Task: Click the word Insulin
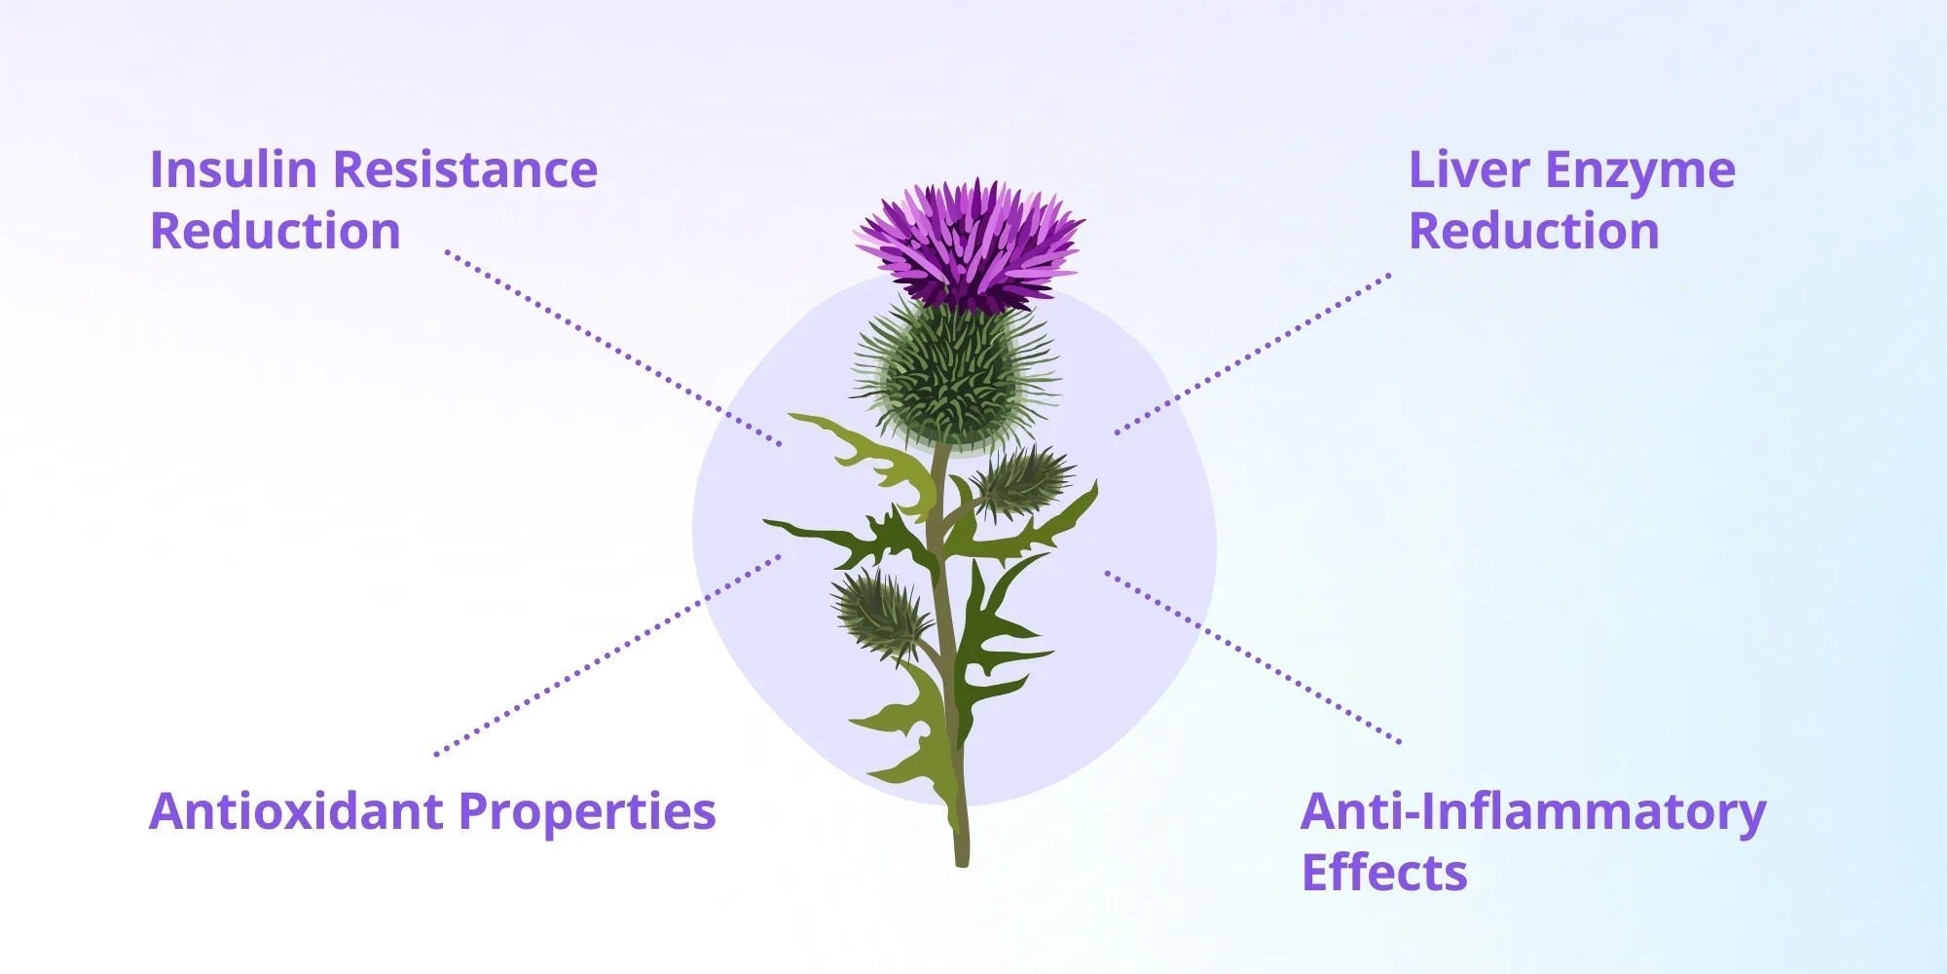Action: [233, 169]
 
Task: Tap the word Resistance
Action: [465, 169]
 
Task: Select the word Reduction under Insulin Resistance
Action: [275, 231]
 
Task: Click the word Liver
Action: [1468, 169]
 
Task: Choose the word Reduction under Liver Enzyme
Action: [1533, 231]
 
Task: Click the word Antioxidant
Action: [296, 810]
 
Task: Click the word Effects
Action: [1384, 872]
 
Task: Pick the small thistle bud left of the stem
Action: [882, 613]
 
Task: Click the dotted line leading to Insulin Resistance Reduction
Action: [613, 349]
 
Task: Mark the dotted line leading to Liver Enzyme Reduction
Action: [1253, 354]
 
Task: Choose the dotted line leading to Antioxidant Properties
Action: [608, 655]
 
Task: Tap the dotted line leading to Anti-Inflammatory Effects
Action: [1253, 657]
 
